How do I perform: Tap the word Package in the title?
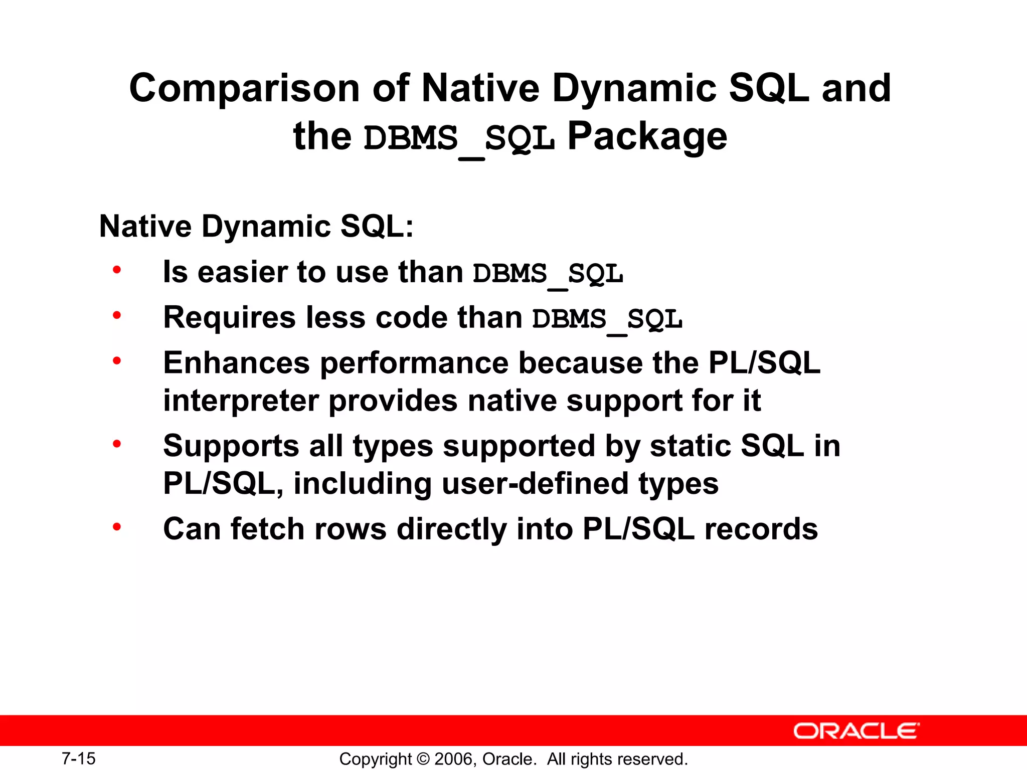coord(647,136)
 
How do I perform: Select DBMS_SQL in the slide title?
coord(459,138)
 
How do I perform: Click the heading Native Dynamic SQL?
coord(256,226)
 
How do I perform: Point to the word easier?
coord(242,272)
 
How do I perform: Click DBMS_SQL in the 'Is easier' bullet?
coord(548,274)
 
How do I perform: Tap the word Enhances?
coord(236,363)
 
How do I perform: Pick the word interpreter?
coord(241,401)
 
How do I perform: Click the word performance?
coord(414,363)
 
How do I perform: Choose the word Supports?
coord(231,446)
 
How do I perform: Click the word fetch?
coord(267,529)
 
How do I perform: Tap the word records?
coord(761,529)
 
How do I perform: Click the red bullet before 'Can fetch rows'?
coord(117,527)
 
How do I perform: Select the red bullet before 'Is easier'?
coord(117,270)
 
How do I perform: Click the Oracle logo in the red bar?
coord(856,731)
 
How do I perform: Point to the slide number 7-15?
coord(79,758)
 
